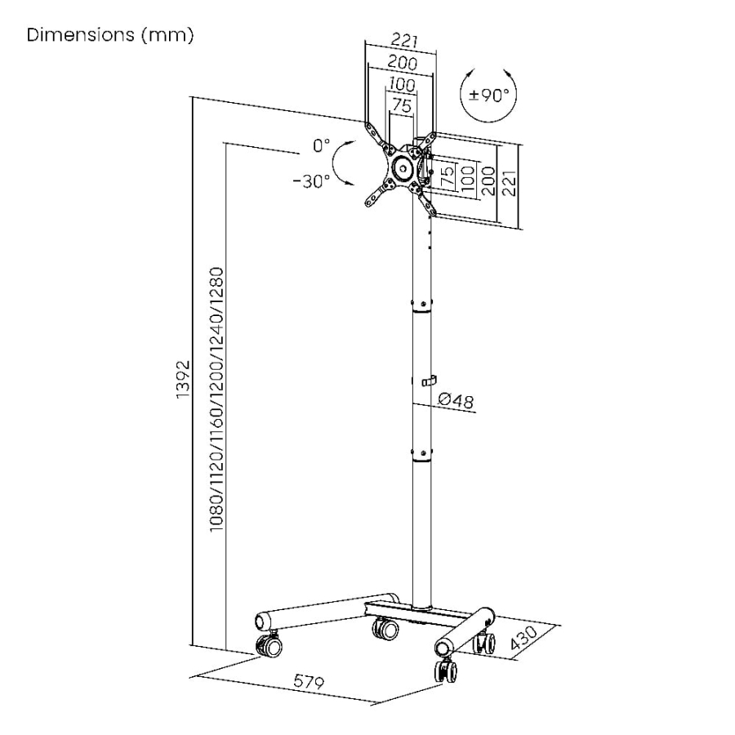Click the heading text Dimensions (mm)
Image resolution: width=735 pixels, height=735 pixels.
pyautogui.click(x=110, y=35)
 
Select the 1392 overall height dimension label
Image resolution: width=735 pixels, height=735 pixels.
pyautogui.click(x=183, y=380)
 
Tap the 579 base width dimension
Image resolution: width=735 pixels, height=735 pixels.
pyautogui.click(x=309, y=681)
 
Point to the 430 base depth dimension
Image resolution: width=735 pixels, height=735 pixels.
pyautogui.click(x=524, y=638)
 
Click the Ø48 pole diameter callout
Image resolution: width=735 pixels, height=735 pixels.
pyautogui.click(x=456, y=400)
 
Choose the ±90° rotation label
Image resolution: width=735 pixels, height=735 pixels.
pyautogui.click(x=489, y=96)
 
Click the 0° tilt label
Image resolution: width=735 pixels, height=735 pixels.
pyautogui.click(x=322, y=145)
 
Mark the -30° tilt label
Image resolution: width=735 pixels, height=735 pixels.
pyautogui.click(x=312, y=181)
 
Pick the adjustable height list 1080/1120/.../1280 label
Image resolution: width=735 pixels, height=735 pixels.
pyautogui.click(x=216, y=399)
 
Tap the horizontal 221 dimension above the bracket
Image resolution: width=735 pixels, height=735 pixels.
pyautogui.click(x=404, y=40)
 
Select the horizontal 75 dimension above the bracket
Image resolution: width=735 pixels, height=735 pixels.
pyautogui.click(x=402, y=106)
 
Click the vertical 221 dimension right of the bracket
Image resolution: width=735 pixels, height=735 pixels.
pyautogui.click(x=509, y=183)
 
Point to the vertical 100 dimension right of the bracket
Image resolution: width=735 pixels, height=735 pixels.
pyautogui.click(x=468, y=179)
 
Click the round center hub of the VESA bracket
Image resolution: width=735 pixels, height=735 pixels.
pyautogui.click(x=403, y=167)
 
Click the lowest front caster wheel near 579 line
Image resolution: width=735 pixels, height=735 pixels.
pyautogui.click(x=446, y=670)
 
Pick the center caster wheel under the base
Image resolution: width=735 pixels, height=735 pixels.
pyautogui.click(x=385, y=629)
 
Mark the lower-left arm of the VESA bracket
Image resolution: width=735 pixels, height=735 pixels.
pyautogui.click(x=379, y=194)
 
